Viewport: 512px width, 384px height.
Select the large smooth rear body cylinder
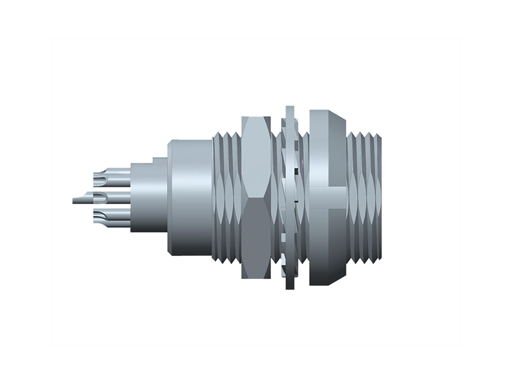191,198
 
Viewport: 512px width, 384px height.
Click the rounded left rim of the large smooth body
170,198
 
